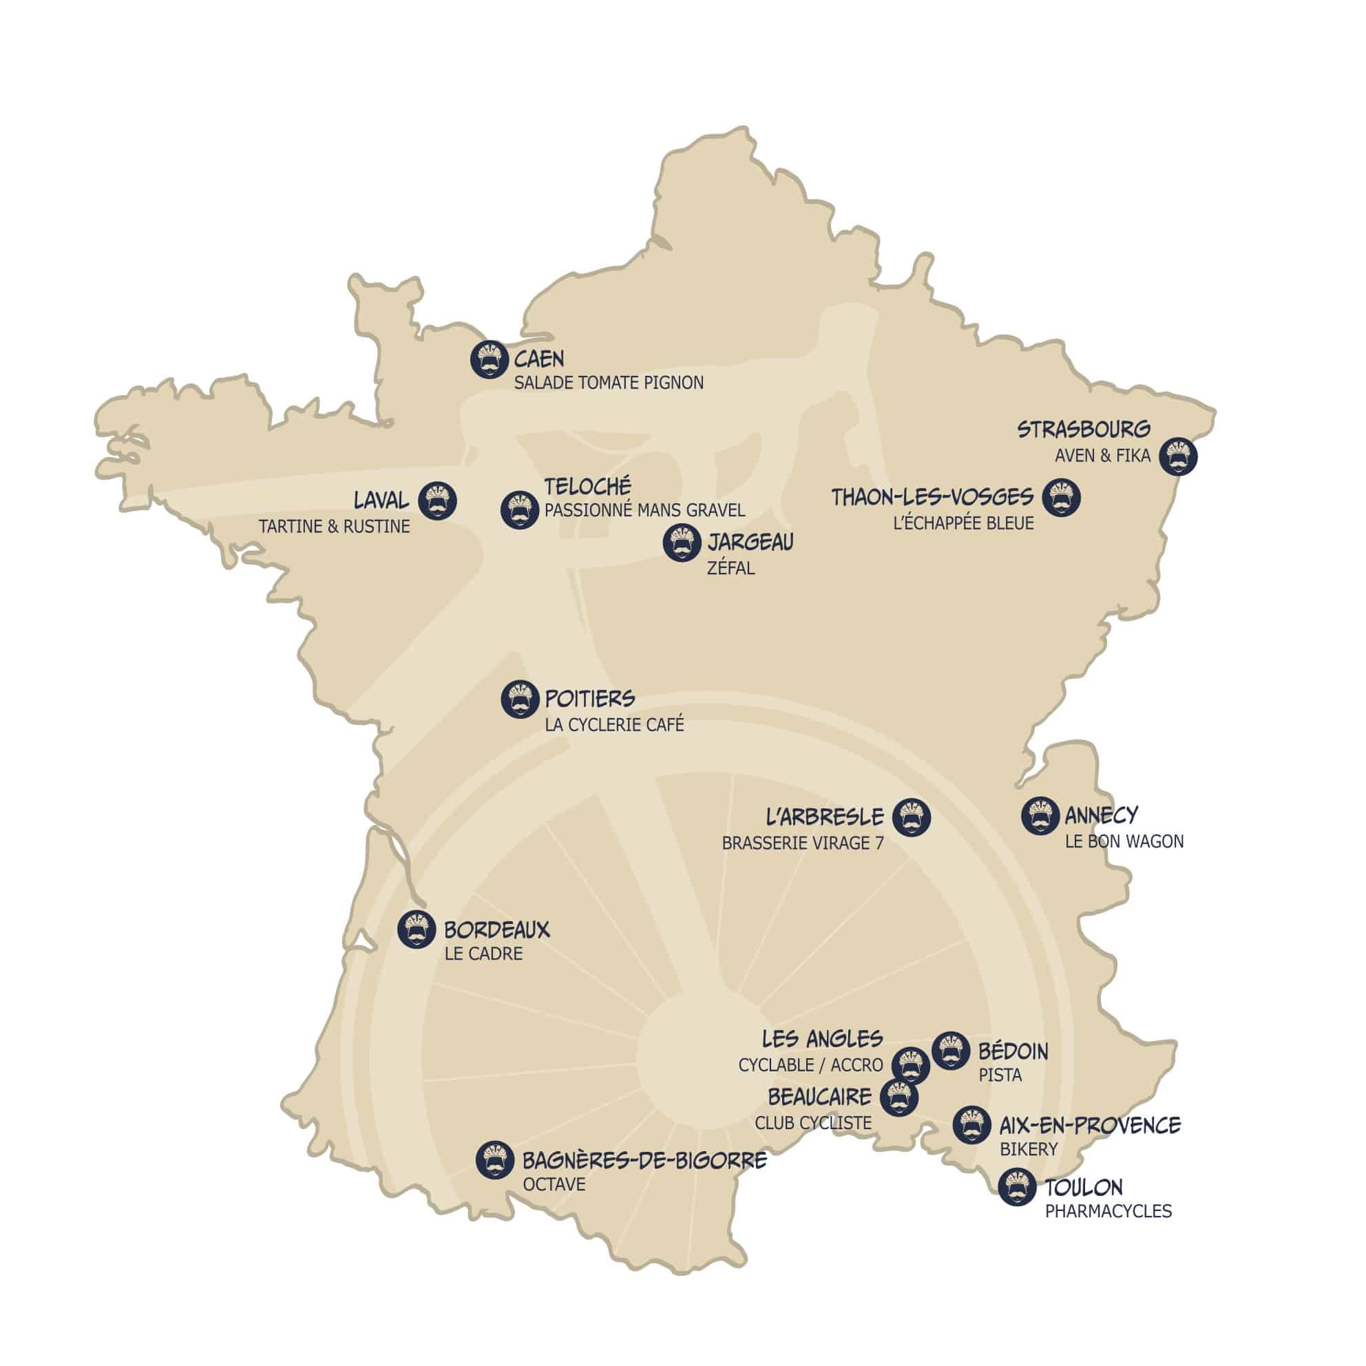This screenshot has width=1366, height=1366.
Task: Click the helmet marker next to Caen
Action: coord(490,359)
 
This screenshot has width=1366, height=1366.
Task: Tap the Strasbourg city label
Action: coord(1083,429)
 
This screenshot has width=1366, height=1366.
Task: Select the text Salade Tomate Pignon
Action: coord(608,383)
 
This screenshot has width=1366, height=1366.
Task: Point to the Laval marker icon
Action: coord(437,501)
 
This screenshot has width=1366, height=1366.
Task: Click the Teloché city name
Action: coord(587,487)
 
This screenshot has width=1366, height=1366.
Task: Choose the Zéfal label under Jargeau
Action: coord(731,568)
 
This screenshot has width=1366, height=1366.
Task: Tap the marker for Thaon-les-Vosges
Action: coord(1060,497)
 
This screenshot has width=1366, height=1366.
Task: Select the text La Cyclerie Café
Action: coord(613,725)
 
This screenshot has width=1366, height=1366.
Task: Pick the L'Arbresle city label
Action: coord(824,817)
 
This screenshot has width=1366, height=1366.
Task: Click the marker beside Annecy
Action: coord(1040,815)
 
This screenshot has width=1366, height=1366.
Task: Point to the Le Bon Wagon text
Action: coord(1124,841)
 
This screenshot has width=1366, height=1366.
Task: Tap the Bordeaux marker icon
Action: coord(417,929)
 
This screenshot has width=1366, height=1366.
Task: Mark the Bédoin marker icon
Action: coord(950,1051)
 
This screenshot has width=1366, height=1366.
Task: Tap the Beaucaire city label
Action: coord(819,1097)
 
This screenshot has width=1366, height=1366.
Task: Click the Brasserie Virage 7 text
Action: coord(802,843)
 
